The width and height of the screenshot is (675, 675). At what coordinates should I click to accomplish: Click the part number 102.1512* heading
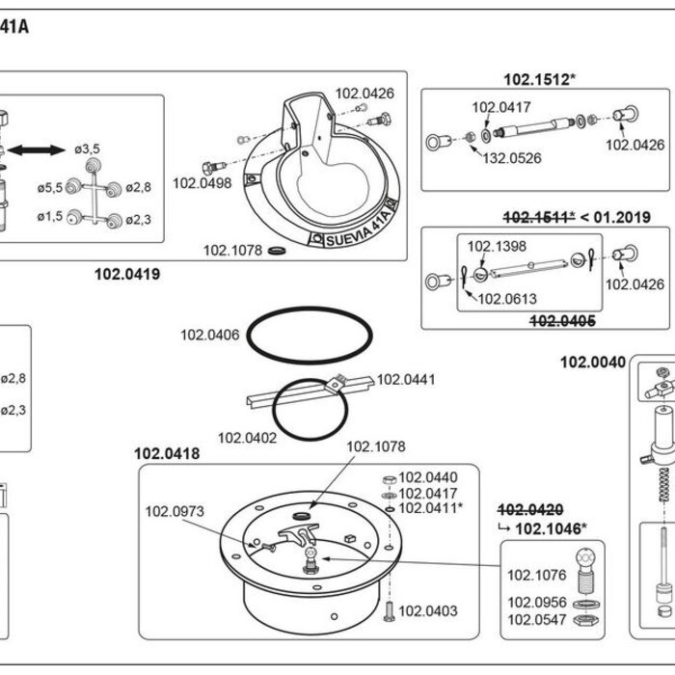pyautogui.click(x=539, y=79)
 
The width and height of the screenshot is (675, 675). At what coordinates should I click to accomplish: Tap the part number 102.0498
pyautogui.click(x=202, y=182)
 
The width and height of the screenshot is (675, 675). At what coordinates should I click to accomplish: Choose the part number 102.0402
pyautogui.click(x=247, y=437)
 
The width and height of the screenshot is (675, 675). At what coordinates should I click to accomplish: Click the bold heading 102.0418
pyautogui.click(x=167, y=453)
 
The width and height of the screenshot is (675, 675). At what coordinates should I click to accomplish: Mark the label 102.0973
pyautogui.click(x=175, y=512)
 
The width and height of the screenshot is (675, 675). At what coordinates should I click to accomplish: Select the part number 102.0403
pyautogui.click(x=428, y=610)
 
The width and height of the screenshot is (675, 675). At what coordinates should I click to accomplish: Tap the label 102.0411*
pyautogui.click(x=430, y=507)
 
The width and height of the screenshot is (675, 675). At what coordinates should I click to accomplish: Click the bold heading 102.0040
pyautogui.click(x=593, y=362)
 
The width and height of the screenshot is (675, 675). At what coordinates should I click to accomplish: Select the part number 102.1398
pyautogui.click(x=498, y=246)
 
